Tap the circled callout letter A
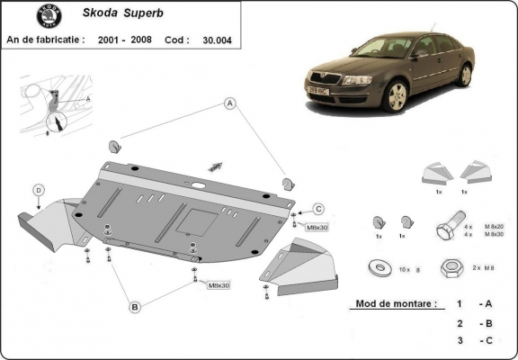click(230, 103)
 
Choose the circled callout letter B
click(134, 307)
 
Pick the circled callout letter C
click(318, 209)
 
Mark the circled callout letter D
click(39, 189)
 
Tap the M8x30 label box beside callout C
click(318, 228)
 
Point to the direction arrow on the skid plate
click(216, 166)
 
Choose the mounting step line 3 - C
click(472, 341)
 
